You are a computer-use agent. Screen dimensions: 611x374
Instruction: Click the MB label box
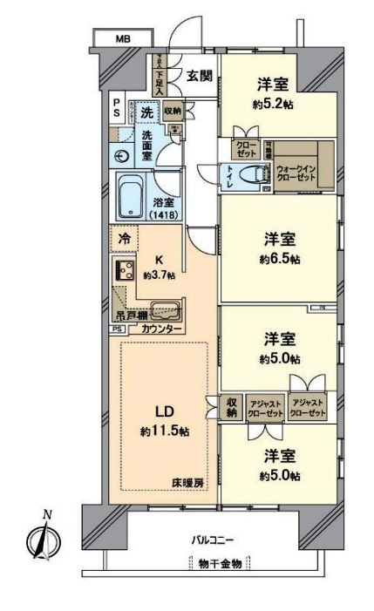click(x=121, y=39)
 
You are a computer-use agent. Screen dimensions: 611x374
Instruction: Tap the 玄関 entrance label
click(x=199, y=76)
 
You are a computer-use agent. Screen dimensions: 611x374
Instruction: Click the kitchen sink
click(x=165, y=309)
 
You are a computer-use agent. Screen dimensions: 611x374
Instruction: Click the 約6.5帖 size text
click(x=280, y=259)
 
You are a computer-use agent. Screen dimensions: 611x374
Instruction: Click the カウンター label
click(x=160, y=329)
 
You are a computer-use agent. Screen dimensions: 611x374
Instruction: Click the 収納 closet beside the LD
click(x=231, y=409)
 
